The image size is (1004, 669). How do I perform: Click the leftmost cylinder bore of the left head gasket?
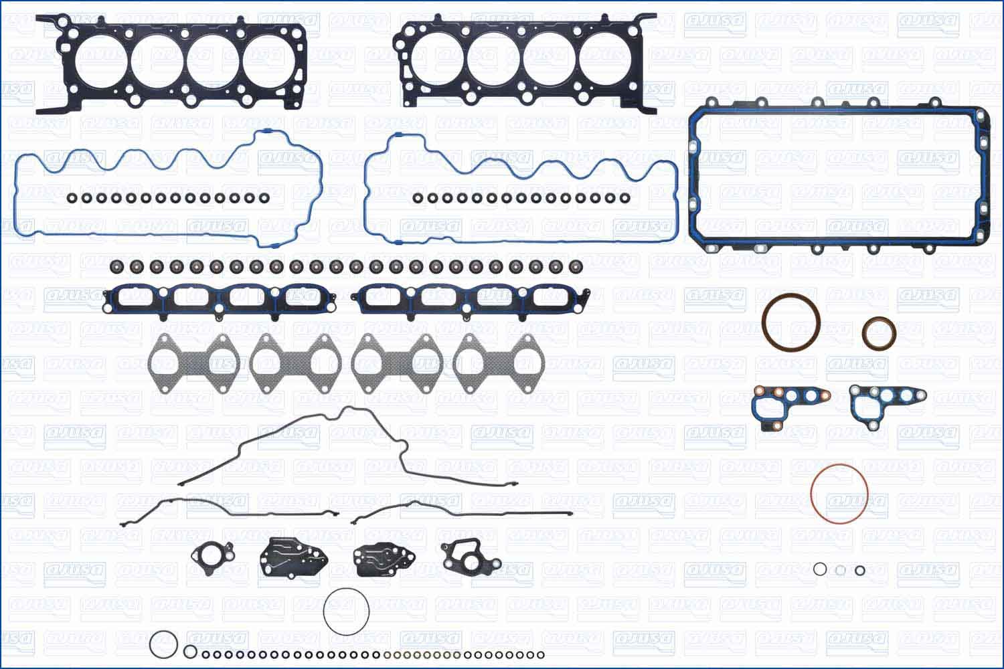coord(100,62)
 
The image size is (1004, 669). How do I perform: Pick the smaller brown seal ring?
coord(879,333)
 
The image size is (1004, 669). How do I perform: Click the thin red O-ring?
coord(839,495)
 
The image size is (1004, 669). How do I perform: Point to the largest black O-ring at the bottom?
coord(346,611)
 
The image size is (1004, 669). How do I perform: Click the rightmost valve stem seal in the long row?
coord(575,267)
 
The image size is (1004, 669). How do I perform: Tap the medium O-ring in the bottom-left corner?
coord(163,645)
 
